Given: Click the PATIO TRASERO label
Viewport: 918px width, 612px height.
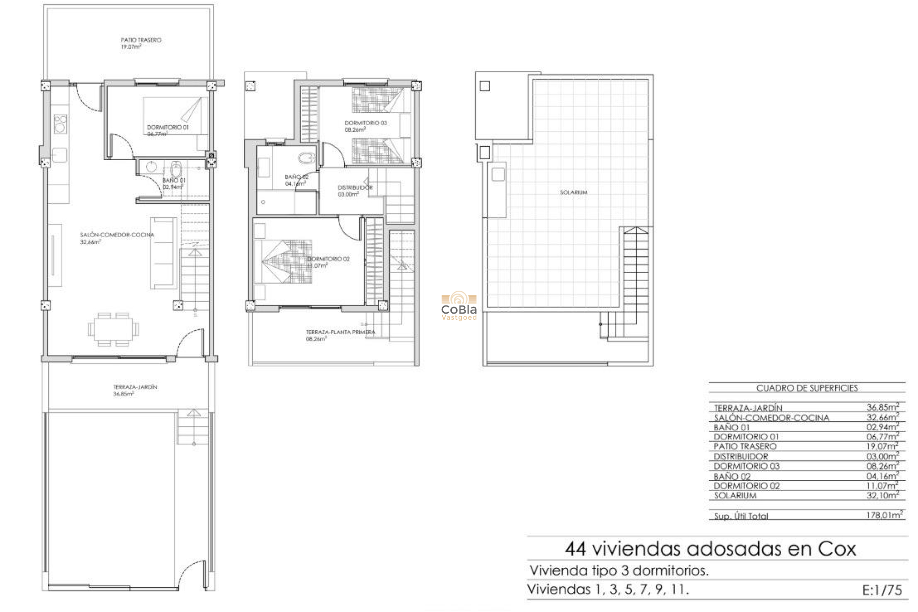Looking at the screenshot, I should pos(141,40).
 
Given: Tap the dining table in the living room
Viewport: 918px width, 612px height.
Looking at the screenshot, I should pos(113,329).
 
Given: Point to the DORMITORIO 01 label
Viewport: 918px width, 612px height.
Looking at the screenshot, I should pos(167,128).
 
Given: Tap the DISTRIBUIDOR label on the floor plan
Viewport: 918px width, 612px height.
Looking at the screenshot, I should pos(355,188).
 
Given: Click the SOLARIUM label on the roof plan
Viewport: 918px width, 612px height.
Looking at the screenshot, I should pos(573,192).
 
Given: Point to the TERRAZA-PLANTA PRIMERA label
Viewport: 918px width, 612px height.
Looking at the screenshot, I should pos(340,332).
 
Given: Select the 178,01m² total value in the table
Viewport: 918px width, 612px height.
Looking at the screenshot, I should pos(885,515).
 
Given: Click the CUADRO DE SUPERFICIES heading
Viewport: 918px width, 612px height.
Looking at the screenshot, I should pos(807,388).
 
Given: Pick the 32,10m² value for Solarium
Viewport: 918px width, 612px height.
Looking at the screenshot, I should pos(882,495).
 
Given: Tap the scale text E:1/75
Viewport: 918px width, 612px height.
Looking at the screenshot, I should pos(882,590).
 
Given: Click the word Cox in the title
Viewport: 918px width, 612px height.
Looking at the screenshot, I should pos(836,549).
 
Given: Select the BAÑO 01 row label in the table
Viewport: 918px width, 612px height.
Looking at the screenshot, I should pos(732,427).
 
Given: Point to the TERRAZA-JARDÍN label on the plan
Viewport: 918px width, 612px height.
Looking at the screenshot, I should pos(135,387).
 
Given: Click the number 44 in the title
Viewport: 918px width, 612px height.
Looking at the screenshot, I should pos(575,549).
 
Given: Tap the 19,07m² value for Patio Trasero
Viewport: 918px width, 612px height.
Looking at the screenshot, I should pos(882,446).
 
